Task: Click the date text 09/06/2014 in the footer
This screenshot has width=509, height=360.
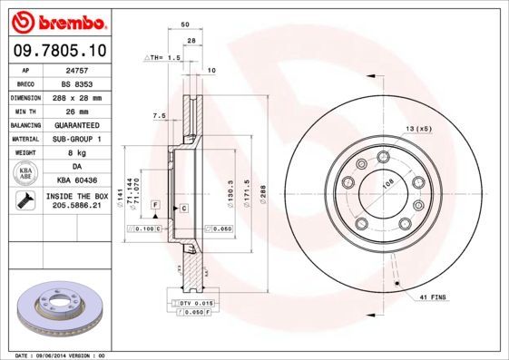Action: tap(57, 355)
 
